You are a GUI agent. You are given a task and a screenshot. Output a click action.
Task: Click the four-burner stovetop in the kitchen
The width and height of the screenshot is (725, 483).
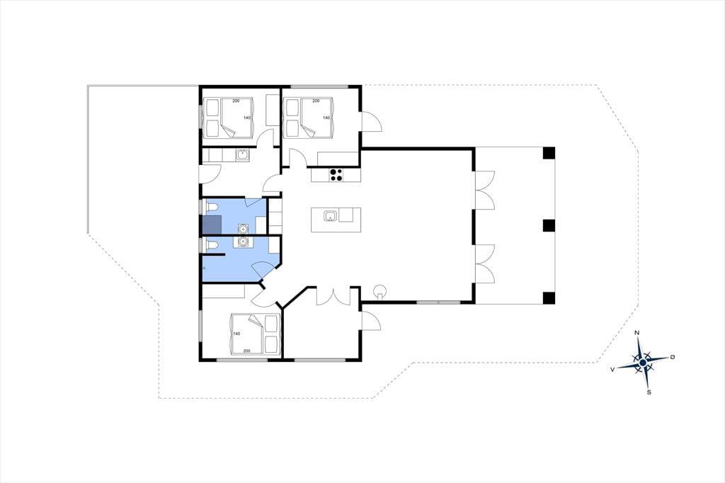pos(336,174)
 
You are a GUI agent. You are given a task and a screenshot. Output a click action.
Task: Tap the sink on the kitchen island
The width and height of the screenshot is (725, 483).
pos(330,215)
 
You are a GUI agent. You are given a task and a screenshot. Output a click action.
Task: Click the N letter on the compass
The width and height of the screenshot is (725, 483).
pos(636,333)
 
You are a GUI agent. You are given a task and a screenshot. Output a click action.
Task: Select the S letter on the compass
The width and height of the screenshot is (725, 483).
pos(649,392)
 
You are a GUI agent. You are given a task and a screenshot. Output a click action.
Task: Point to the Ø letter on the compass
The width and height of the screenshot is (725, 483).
pos(673,357)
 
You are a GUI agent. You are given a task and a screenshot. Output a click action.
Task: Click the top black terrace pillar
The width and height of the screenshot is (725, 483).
pos(549,153)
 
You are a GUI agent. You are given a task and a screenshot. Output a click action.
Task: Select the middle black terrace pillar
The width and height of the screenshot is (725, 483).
pos(549,225)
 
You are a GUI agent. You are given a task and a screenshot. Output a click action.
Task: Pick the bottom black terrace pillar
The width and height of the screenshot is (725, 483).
pos(549,298)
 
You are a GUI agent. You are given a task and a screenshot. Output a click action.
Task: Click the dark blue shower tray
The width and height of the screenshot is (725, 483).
pos(212,225)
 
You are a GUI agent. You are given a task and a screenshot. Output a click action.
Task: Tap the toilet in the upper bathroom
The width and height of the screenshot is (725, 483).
pos(210,207)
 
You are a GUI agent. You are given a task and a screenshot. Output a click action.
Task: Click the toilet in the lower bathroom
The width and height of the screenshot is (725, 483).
pos(210,245)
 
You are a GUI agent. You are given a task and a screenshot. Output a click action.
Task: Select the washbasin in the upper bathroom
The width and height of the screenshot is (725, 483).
pos(243,228)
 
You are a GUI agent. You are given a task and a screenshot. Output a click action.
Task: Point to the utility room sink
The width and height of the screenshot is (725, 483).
pos(242,155)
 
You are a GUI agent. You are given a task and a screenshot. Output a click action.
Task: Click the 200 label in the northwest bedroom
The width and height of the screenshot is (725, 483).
pos(236,101)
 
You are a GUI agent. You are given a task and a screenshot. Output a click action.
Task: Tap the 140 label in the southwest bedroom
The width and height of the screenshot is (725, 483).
pos(236,334)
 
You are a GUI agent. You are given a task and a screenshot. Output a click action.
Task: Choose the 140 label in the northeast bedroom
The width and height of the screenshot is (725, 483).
pos(326,118)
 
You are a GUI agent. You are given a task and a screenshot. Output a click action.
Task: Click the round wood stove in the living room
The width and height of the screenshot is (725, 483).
pos(380,292)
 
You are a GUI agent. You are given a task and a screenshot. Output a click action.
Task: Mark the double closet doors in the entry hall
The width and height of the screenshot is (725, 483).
pos(333,296)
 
